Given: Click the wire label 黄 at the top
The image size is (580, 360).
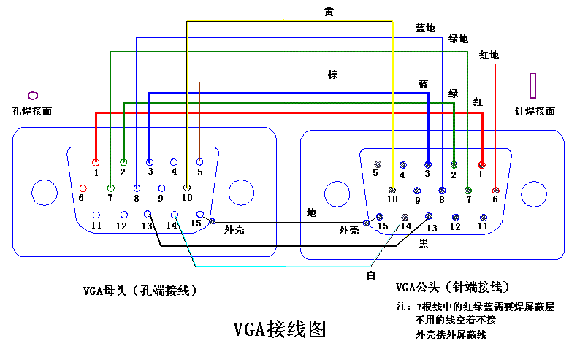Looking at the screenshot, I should [329, 11].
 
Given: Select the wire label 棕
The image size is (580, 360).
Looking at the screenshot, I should [332, 75].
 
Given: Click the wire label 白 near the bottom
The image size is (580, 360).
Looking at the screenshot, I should [370, 272].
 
